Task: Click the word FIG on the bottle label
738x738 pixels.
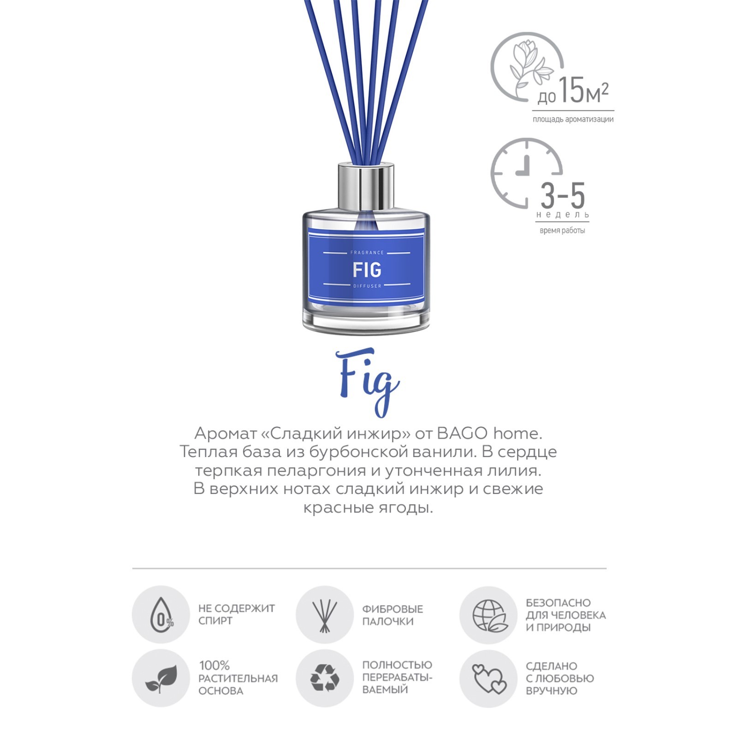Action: click(x=367, y=270)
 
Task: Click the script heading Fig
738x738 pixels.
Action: click(x=368, y=382)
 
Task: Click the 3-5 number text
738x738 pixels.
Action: click(x=563, y=196)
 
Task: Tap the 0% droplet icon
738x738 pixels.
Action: click(x=161, y=615)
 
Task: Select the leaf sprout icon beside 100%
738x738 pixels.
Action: click(x=161, y=678)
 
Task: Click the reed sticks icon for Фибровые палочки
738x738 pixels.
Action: click(x=325, y=616)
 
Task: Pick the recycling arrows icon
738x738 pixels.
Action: click(x=325, y=678)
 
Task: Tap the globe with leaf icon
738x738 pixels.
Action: click(x=490, y=616)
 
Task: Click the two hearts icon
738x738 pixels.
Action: click(x=489, y=678)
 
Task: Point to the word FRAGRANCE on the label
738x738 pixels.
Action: click(x=367, y=253)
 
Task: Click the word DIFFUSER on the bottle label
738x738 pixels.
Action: click(x=368, y=286)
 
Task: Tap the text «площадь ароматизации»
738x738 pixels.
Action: click(x=573, y=119)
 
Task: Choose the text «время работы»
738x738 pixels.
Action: click(x=562, y=231)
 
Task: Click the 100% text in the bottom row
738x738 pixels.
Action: click(x=214, y=666)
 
